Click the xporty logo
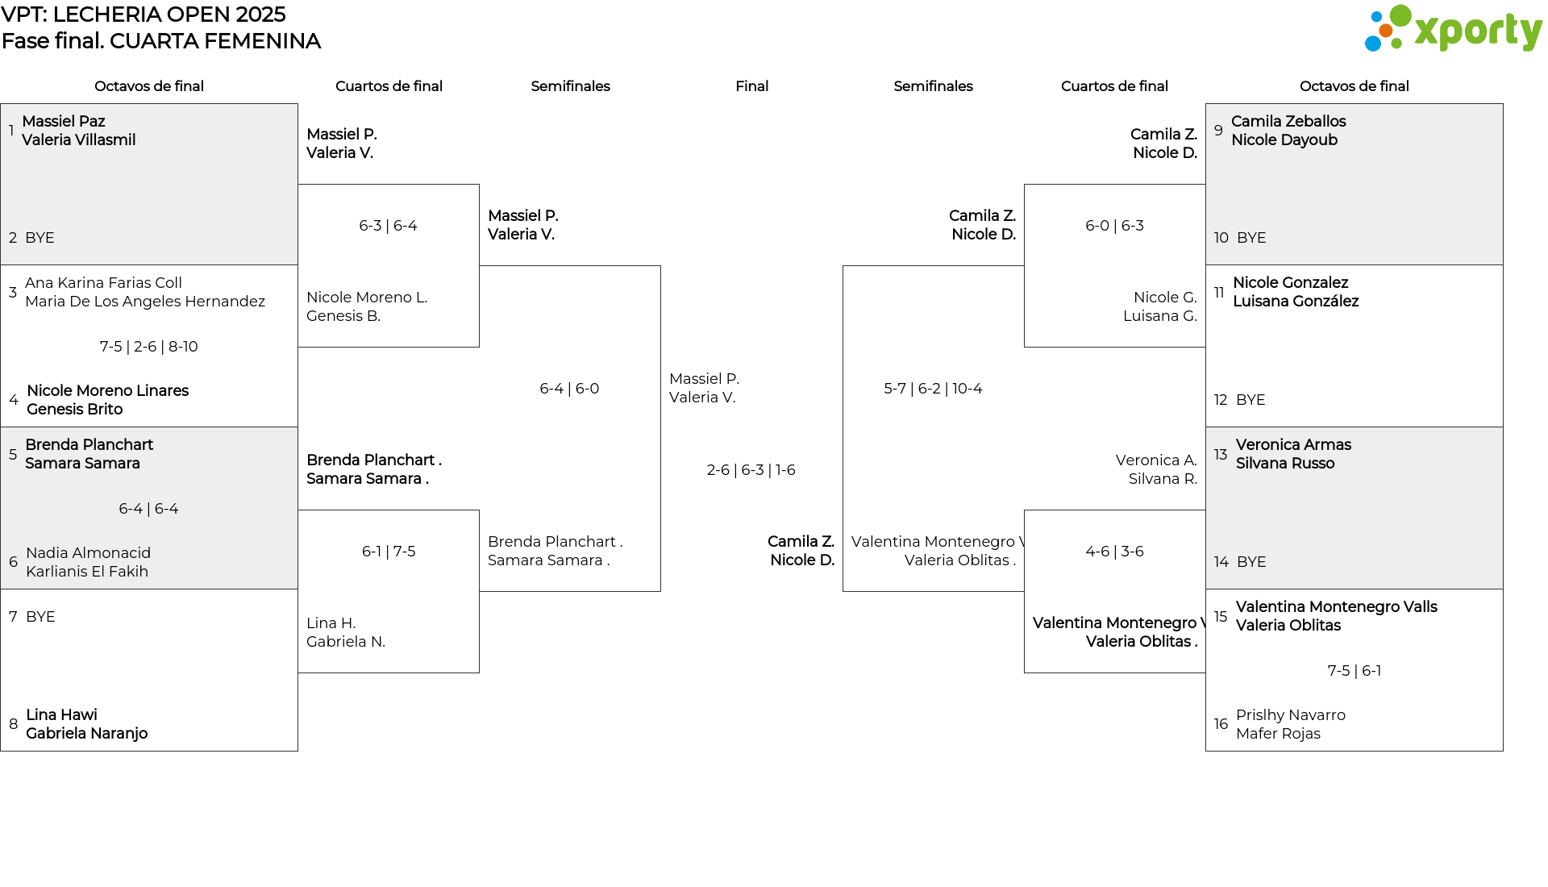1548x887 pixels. (x=1453, y=29)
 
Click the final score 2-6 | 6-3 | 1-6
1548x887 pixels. (x=751, y=470)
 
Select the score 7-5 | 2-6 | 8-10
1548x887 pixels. (x=149, y=347)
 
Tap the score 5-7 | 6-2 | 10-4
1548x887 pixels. (x=933, y=389)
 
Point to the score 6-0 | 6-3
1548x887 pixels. (x=1114, y=226)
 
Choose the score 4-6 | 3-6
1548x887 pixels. (x=1114, y=552)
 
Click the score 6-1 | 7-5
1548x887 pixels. (x=389, y=552)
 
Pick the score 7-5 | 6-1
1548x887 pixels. (x=1354, y=671)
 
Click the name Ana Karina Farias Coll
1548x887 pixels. (x=103, y=283)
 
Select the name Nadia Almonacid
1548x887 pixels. (x=88, y=553)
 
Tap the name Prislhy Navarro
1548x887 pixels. (x=1291, y=715)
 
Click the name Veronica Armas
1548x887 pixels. (x=1293, y=445)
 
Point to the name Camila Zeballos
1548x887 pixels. (x=1288, y=122)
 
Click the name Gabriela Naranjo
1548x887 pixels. (x=86, y=734)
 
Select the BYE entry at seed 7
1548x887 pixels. (x=40, y=617)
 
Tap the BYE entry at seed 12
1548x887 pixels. (x=1250, y=400)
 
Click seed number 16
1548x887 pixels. (x=1221, y=724)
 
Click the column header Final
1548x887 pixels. (x=751, y=86)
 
